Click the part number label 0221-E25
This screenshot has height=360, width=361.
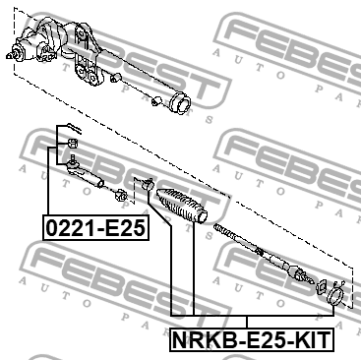click(x=94, y=229)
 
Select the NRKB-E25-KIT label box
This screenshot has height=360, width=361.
click(x=251, y=340)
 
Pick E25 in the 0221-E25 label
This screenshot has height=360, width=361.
click(x=123, y=229)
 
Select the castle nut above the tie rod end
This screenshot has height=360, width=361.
click(x=73, y=148)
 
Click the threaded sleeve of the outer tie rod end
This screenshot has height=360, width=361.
click(x=95, y=177)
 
